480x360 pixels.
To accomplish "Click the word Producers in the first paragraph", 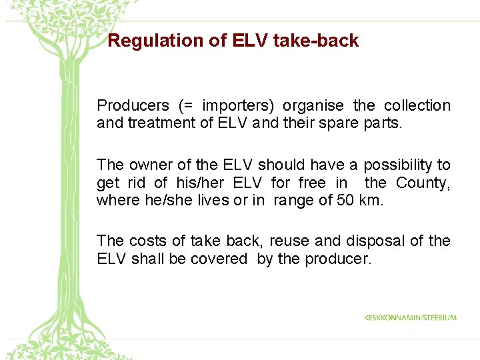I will pos(133,105).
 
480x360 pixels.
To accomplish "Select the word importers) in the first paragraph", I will pos(239,105).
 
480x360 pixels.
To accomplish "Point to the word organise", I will pos(313,105).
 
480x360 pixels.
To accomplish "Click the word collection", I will pos(417,105).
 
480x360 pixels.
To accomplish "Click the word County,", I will pos(423,183).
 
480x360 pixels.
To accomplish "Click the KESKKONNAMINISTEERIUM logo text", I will pos(410,317).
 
